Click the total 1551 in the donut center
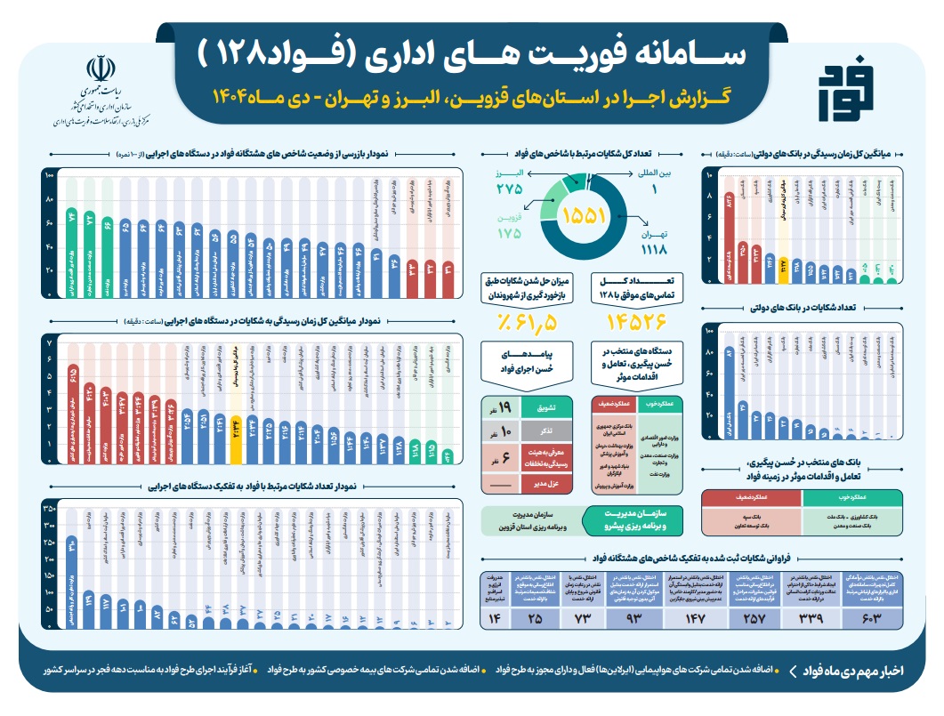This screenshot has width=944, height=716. [x=584, y=215]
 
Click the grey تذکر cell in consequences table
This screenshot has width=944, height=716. [x=545, y=432]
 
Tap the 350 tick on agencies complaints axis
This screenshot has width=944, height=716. [x=49, y=507]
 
